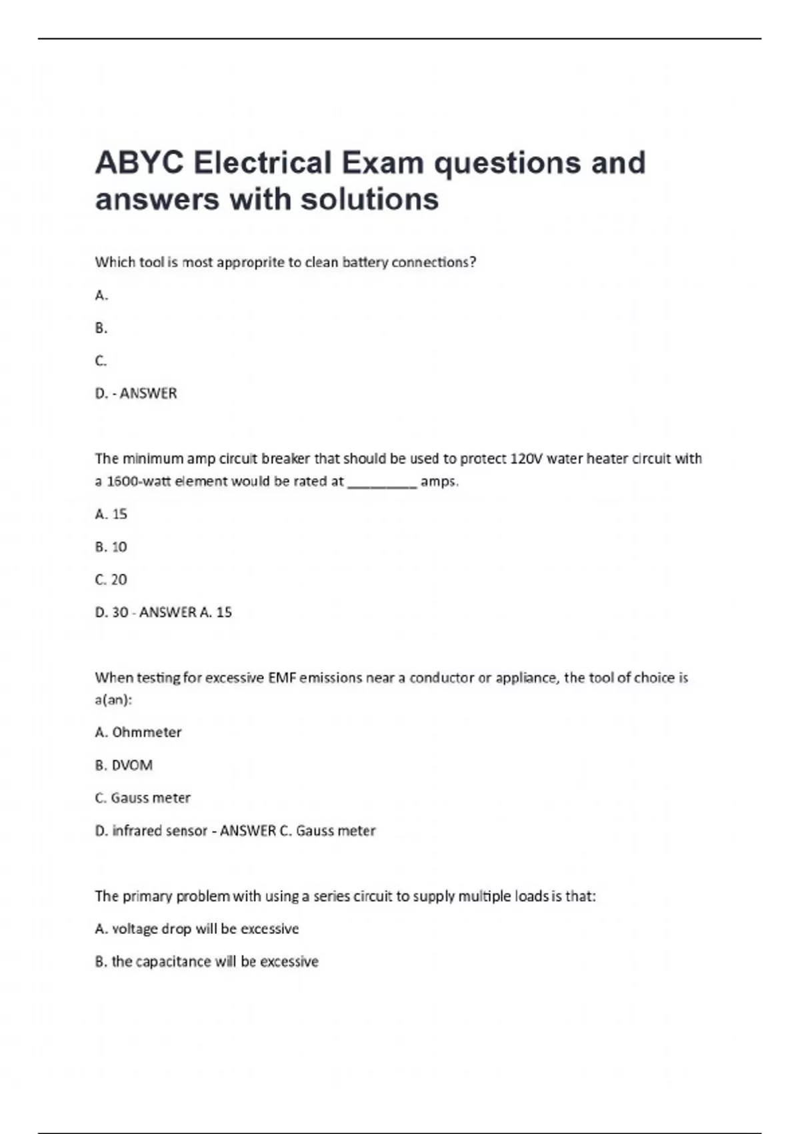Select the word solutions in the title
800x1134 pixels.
point(370,199)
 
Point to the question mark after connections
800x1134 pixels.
point(473,262)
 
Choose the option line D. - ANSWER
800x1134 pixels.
point(136,394)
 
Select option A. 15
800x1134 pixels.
point(111,514)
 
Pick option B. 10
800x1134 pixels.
point(111,547)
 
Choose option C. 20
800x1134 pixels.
point(111,580)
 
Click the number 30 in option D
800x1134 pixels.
point(120,612)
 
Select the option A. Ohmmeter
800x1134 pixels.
point(139,732)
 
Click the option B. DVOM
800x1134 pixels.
point(124,765)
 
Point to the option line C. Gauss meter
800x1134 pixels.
point(143,798)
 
